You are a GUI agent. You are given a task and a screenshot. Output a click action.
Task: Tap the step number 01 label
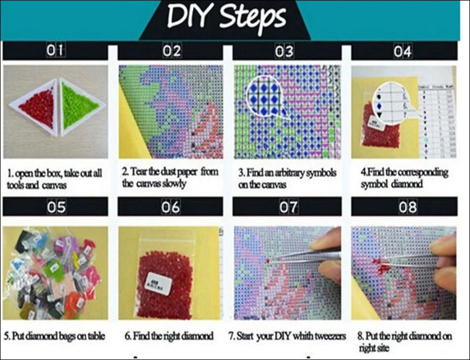(x=55, y=52)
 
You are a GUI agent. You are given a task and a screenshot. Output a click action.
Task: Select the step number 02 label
(x=171, y=52)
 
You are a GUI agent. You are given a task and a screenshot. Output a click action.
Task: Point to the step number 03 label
(x=284, y=52)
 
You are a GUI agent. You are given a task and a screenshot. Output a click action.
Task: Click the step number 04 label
(x=402, y=52)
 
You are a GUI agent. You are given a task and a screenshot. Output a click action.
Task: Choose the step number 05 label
(x=55, y=206)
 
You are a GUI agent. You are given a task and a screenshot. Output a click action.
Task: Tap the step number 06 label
(x=171, y=206)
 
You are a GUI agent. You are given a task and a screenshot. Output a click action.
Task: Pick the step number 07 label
(x=288, y=206)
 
